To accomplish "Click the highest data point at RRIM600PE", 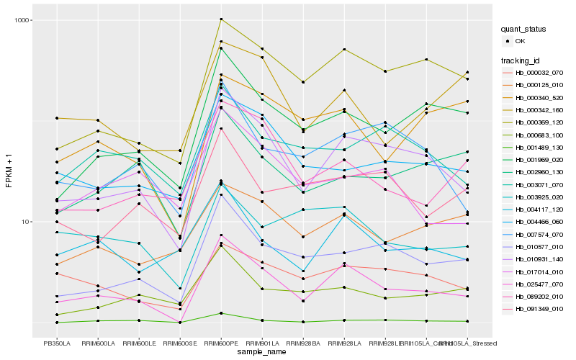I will pyautogui.click(x=221, y=19).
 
